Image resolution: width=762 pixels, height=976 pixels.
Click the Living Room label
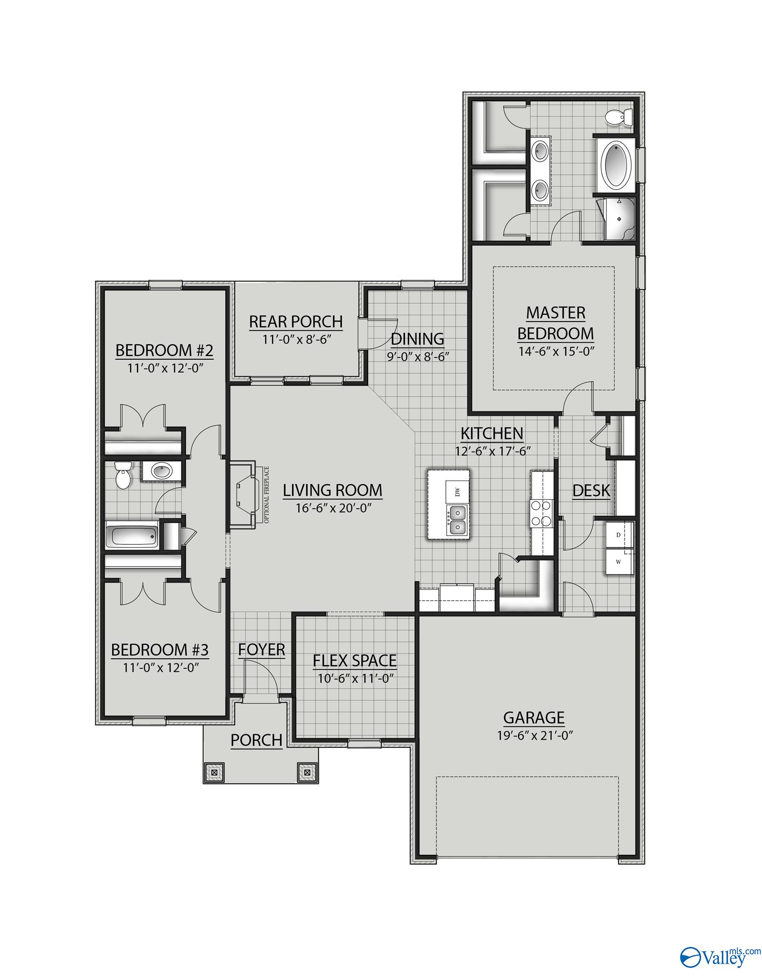tap(333, 490)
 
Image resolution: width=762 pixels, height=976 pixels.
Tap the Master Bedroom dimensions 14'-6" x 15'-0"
tap(556, 351)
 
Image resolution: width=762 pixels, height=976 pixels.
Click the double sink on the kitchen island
tap(457, 520)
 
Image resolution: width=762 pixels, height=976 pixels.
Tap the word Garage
tap(534, 717)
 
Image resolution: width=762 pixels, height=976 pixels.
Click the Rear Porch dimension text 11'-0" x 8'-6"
tap(296, 339)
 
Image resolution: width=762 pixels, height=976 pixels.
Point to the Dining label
tap(417, 339)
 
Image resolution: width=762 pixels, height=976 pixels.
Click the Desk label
tap(591, 491)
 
